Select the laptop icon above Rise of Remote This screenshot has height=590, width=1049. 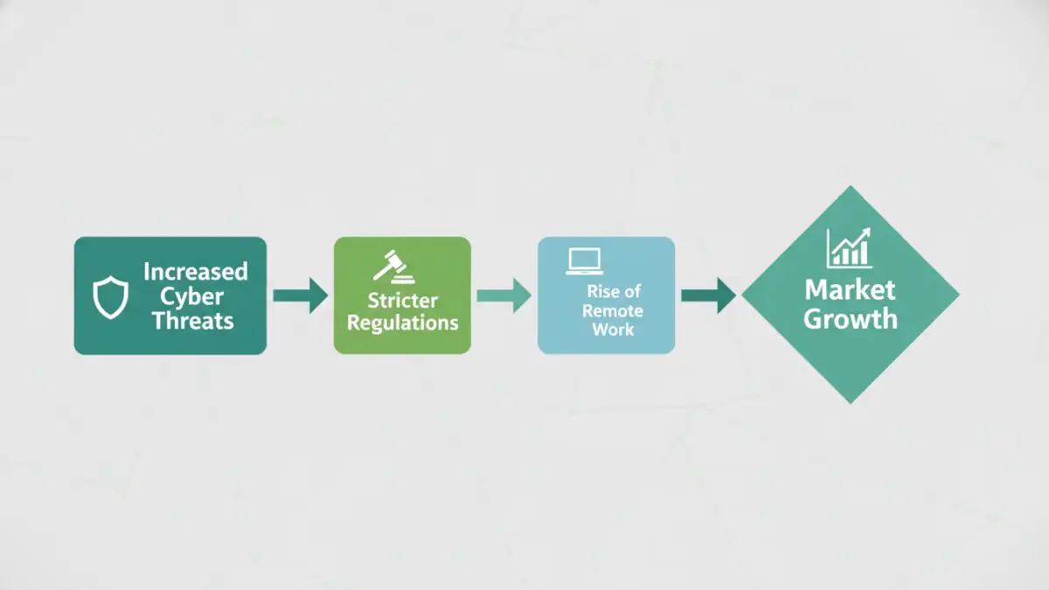click(x=584, y=261)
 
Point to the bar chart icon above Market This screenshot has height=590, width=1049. click(x=850, y=248)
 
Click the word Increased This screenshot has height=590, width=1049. click(x=196, y=271)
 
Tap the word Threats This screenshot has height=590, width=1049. click(x=193, y=320)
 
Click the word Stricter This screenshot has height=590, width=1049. click(x=402, y=301)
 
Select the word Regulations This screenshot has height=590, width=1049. click(x=402, y=323)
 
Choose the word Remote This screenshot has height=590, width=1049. click(x=613, y=311)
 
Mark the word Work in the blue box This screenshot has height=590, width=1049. click(x=613, y=330)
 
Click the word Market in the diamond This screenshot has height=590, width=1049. click(x=851, y=289)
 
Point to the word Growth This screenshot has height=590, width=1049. click(x=851, y=318)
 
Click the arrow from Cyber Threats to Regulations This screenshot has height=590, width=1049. click(x=300, y=295)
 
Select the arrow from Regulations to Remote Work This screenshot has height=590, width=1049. click(x=504, y=295)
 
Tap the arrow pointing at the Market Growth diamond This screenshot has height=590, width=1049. click(x=708, y=295)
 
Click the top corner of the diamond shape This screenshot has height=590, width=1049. click(x=850, y=188)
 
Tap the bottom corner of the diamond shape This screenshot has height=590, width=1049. click(x=850, y=402)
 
